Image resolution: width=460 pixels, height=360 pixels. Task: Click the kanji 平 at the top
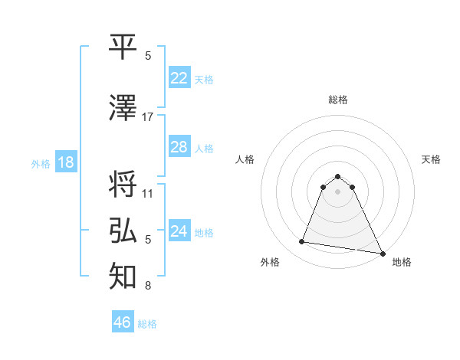coord(123,47)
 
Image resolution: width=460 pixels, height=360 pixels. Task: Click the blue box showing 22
coord(179,78)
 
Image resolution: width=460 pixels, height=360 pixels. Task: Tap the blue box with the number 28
coord(179,147)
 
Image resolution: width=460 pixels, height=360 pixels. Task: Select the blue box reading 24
coord(179,231)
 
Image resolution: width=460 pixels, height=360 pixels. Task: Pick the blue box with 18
coord(65,163)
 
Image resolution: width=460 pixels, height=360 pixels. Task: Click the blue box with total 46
coord(122,322)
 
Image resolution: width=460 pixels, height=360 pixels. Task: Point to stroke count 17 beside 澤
coord(148,117)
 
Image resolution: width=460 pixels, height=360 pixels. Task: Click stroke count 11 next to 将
coord(148,193)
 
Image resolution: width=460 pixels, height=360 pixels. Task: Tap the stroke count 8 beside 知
coord(148,286)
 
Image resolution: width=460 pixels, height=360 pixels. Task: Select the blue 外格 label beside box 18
coord(40,164)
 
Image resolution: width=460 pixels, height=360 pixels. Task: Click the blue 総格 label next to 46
coord(147,324)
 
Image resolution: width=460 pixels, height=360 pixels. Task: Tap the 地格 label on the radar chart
coord(402,262)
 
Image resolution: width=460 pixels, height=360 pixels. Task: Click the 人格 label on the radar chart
coord(245,159)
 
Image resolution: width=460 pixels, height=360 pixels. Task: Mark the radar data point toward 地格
coord(382,254)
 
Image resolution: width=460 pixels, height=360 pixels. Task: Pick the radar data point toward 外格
coord(302,242)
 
